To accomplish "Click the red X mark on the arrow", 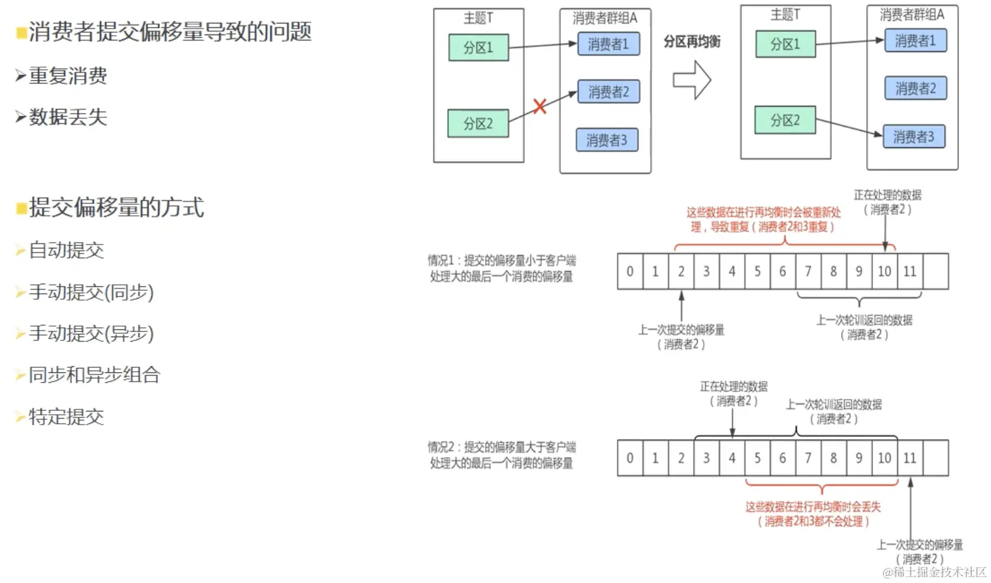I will (x=539, y=106).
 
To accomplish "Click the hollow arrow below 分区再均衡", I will (x=692, y=80).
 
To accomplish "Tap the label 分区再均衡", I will (x=692, y=42).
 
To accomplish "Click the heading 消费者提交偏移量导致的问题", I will (x=170, y=31).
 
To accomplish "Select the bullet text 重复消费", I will (x=68, y=76).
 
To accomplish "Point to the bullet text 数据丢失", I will (x=68, y=117).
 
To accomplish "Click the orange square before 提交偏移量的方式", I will (x=22, y=208).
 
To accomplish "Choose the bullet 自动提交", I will (x=67, y=250).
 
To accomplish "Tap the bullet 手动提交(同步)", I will (x=91, y=291).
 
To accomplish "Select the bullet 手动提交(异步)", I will (x=91, y=333).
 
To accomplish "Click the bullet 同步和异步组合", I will (x=95, y=375).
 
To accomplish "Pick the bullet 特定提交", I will (x=67, y=417).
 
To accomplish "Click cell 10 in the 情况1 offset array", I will (x=885, y=271).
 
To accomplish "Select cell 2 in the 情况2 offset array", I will (x=681, y=458).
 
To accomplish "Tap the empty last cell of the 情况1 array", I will (x=936, y=271).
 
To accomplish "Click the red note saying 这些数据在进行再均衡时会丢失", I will (x=813, y=507).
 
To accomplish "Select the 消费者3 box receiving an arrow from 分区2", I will (x=913, y=137).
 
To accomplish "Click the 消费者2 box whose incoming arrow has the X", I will (x=608, y=92).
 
